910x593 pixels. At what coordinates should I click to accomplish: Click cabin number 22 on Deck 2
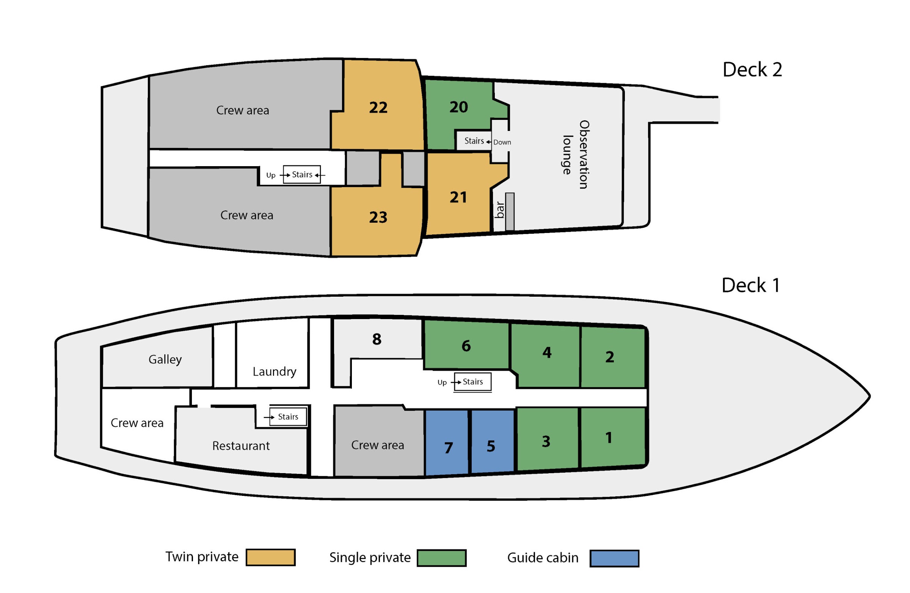click(378, 107)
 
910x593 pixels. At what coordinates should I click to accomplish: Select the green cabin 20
click(459, 107)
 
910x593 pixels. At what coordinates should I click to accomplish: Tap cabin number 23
click(378, 217)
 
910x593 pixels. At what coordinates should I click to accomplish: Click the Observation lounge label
click(576, 154)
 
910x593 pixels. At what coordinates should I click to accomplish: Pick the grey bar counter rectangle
click(510, 212)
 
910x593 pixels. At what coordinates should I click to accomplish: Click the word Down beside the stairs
click(502, 142)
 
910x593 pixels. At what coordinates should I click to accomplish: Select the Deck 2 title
click(752, 70)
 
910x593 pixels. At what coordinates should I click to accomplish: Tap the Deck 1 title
click(750, 285)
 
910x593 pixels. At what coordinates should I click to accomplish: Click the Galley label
click(165, 360)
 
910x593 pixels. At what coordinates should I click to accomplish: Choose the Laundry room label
click(275, 372)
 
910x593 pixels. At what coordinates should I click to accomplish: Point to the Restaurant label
click(241, 446)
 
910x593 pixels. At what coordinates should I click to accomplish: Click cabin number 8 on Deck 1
click(377, 339)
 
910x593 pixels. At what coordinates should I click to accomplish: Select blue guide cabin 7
click(447, 443)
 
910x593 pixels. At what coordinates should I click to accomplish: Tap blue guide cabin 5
click(493, 442)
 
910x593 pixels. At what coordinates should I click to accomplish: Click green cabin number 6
click(466, 346)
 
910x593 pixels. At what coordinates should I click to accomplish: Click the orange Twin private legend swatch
click(270, 557)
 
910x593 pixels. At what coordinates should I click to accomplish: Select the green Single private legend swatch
click(442, 558)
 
